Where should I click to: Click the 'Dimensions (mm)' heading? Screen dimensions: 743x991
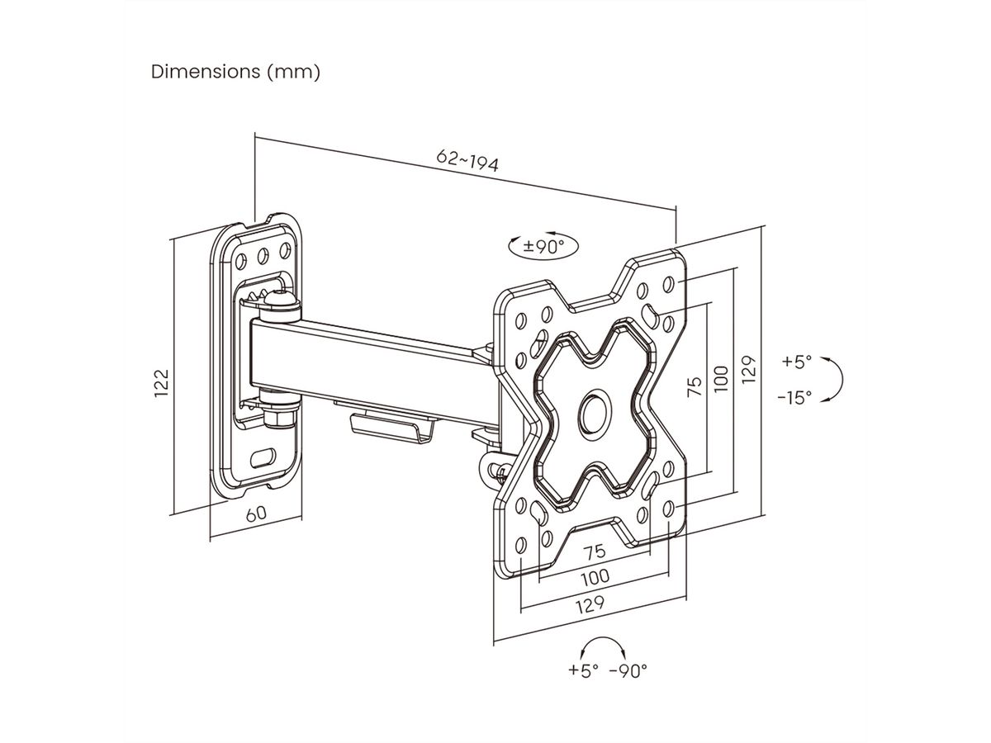235,72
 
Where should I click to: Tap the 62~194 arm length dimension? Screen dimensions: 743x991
468,160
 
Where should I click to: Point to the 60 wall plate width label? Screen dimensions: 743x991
257,512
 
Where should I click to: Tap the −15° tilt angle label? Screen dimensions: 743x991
794,397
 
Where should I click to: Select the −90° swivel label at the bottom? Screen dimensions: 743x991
628,670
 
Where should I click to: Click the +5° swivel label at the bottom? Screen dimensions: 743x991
583,670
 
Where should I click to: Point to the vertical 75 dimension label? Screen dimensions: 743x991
695,386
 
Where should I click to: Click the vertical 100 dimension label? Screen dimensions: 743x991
721,378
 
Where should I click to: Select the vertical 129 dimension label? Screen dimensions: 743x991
748,370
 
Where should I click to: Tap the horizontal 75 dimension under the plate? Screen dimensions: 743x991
595,551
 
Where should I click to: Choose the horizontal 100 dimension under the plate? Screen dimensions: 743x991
595,575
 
